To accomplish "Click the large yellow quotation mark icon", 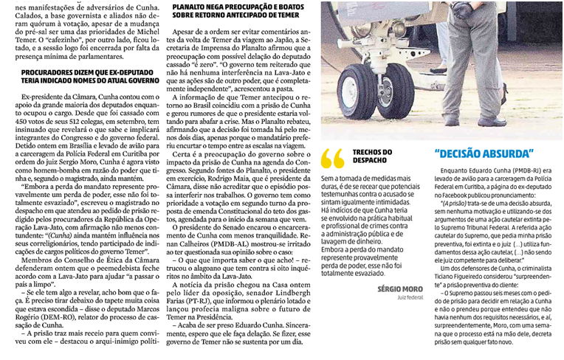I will click(x=333, y=157).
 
